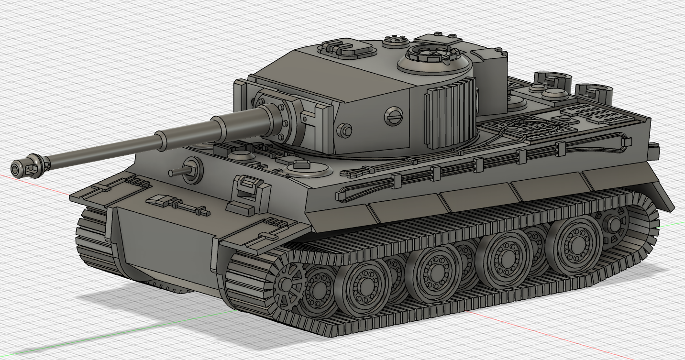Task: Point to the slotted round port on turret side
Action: [394, 115]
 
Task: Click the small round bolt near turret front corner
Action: [345, 130]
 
